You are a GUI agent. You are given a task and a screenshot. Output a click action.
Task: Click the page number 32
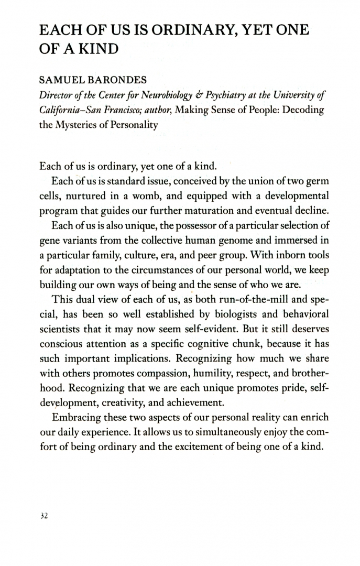[43, 516]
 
